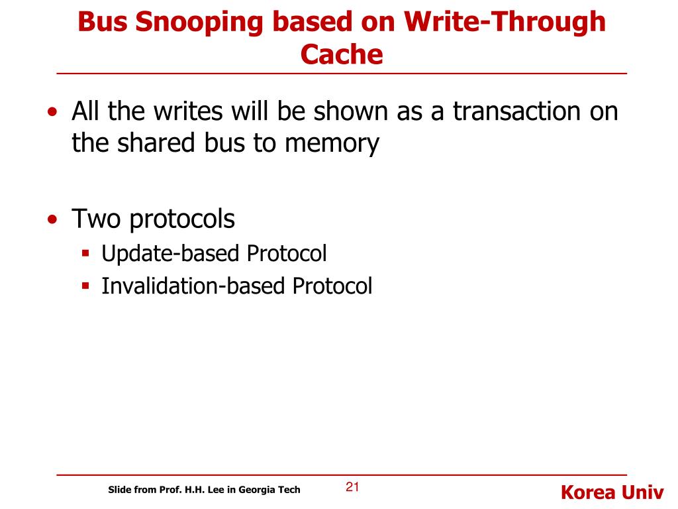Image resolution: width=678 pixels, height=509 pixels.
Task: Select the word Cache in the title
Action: (x=342, y=54)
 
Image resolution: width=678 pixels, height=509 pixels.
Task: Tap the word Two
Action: (x=97, y=219)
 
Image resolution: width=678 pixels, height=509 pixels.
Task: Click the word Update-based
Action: (x=170, y=253)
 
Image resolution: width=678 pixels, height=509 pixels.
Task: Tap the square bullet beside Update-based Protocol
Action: (x=85, y=253)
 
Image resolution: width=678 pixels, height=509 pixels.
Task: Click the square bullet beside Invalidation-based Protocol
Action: (x=85, y=285)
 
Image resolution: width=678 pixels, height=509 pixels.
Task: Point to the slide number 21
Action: (x=352, y=488)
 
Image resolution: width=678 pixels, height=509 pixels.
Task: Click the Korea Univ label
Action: (x=612, y=492)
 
